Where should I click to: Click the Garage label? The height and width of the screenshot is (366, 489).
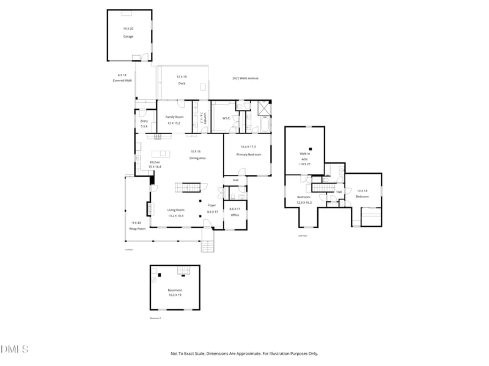128,37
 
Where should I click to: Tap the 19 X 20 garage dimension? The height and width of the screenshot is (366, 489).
128,29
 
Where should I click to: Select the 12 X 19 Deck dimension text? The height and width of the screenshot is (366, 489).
182,76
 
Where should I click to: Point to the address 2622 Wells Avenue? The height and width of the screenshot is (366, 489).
245,78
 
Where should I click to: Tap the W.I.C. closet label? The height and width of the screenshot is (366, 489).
226,118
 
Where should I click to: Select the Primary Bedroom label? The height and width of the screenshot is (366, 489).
249,155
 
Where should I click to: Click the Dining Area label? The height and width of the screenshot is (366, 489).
197,158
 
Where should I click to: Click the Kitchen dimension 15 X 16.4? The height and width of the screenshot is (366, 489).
155,167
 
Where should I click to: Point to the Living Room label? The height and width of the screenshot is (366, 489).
177,210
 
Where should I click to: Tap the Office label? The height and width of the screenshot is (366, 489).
235,215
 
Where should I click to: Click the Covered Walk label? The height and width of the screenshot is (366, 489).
122,81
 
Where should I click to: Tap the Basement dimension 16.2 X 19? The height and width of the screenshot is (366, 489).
175,295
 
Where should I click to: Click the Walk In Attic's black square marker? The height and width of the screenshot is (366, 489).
310,149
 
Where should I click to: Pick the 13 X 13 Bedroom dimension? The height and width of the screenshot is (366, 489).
362,191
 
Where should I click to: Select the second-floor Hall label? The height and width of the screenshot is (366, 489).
339,192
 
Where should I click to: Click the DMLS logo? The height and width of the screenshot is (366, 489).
15,350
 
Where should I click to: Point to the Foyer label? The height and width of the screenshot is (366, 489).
212,206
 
